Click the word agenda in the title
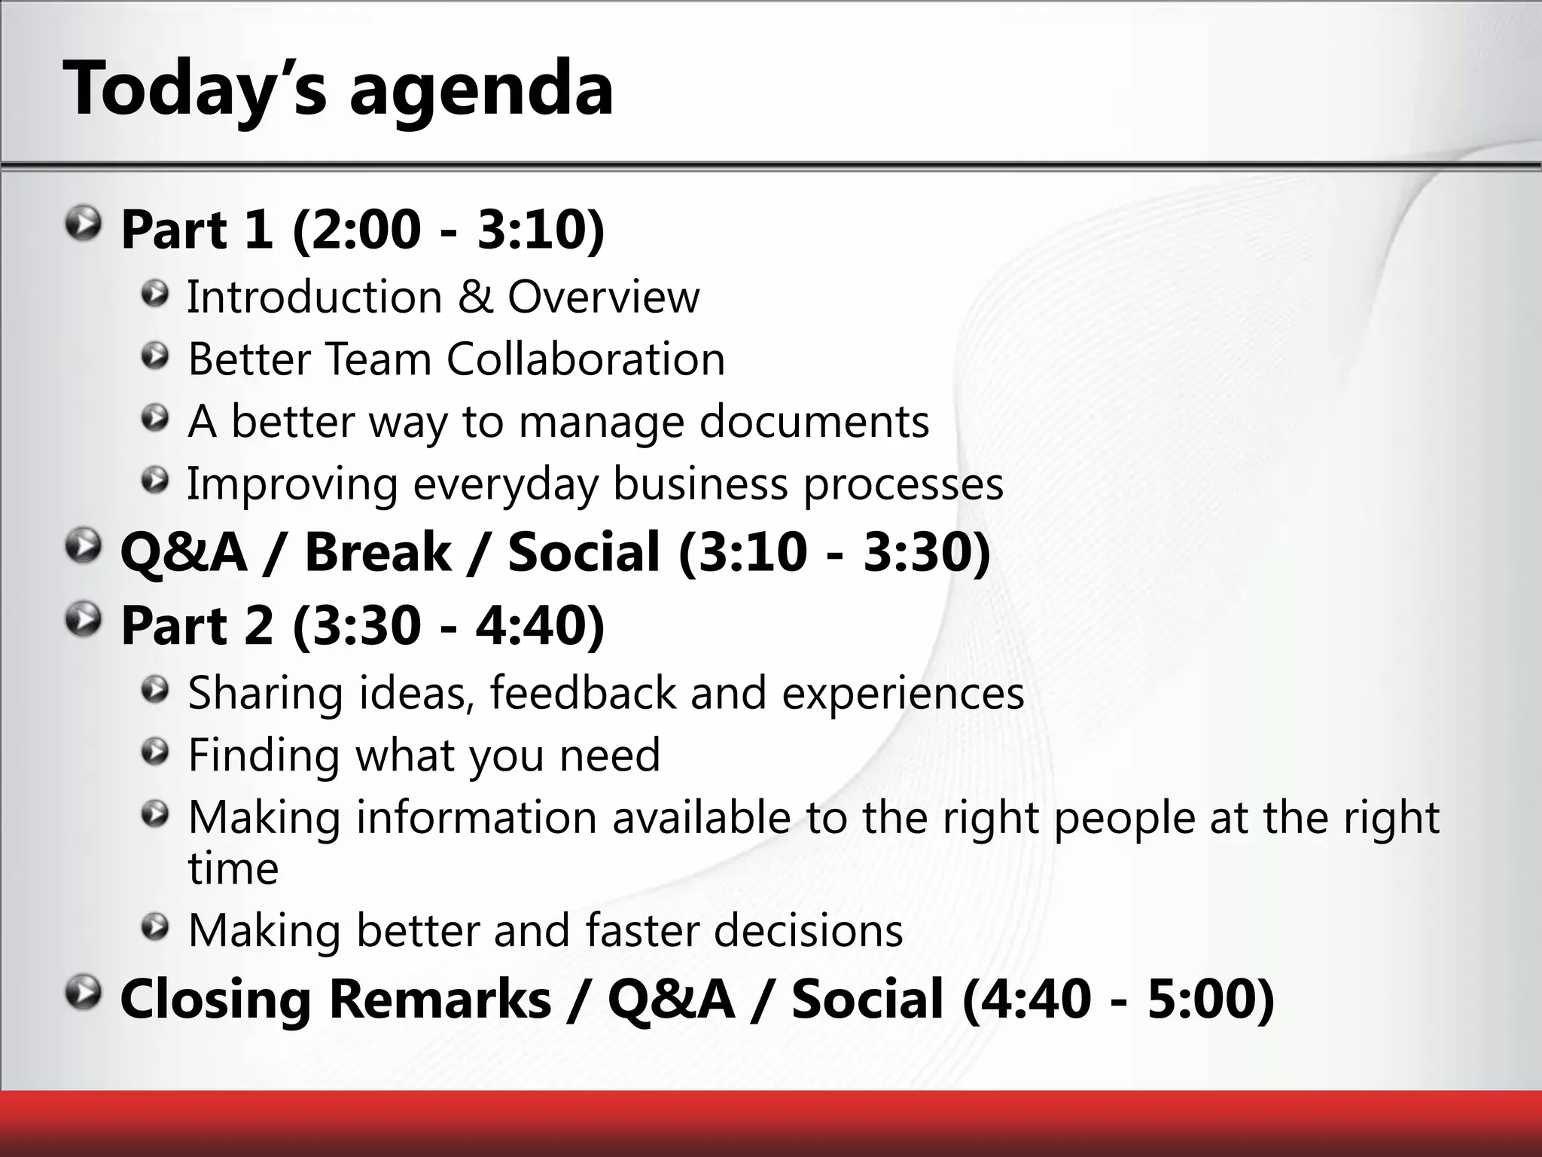click(482, 90)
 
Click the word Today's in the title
click(196, 90)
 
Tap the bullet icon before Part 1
click(82, 225)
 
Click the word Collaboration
click(586, 359)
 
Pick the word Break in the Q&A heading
click(377, 551)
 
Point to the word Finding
click(264, 755)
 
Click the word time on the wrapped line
click(233, 869)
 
